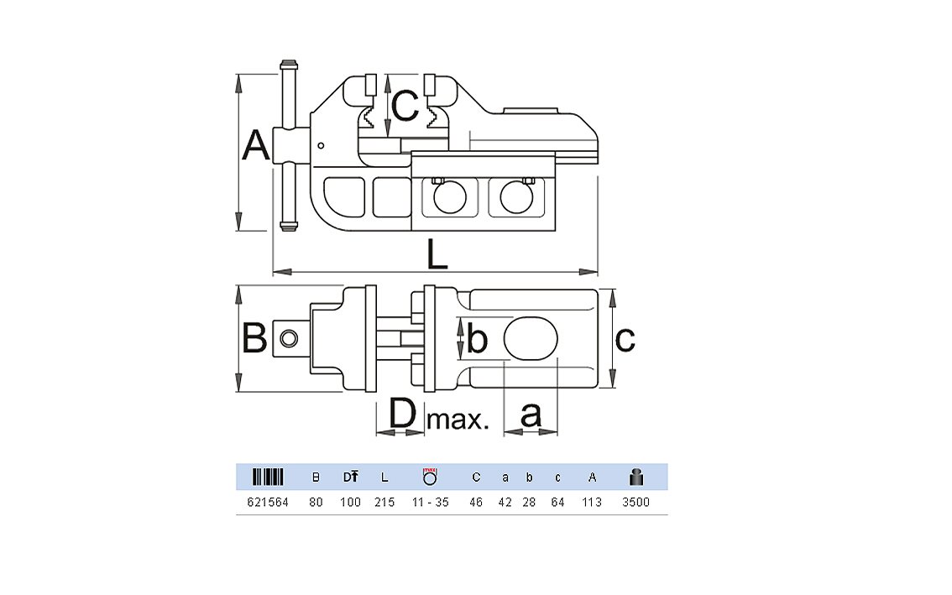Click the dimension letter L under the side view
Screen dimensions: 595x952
(437, 254)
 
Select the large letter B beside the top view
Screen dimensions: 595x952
(254, 338)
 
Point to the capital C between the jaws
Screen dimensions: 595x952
(405, 106)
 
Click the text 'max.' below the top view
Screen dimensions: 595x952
(458, 419)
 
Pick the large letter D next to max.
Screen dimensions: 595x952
(403, 415)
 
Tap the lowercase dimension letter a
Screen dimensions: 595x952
(531, 415)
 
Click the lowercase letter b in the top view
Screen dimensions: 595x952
(477, 339)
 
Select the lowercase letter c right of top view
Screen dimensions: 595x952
(625, 338)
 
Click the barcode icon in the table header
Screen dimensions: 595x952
(269, 478)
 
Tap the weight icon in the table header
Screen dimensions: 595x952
(636, 478)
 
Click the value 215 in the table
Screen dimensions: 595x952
(384, 502)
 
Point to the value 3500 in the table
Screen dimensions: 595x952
(636, 502)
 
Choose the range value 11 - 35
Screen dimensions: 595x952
(430, 502)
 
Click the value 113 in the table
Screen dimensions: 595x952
(592, 502)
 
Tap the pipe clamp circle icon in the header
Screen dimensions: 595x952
(430, 477)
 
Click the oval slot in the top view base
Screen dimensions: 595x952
(531, 338)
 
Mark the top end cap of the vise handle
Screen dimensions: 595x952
(288, 65)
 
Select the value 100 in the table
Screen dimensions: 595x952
(350, 502)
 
